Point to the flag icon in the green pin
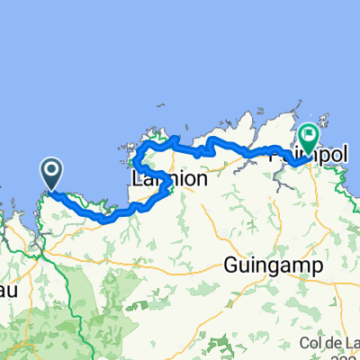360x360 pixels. tap(309, 136)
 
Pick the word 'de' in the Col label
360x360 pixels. tap(333, 344)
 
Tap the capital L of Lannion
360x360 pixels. tap(138, 179)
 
